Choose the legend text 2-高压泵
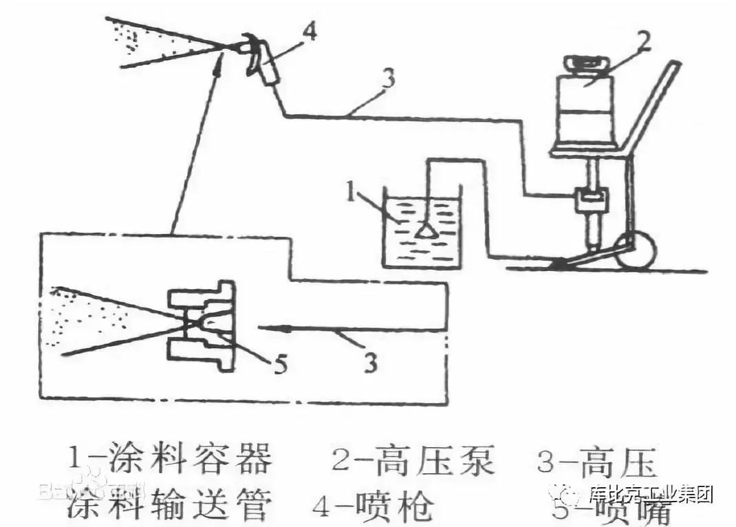[413, 460]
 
